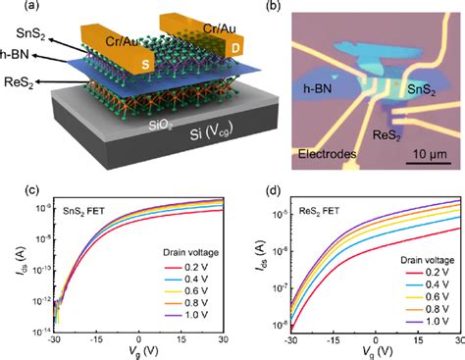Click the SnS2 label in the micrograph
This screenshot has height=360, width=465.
[x=423, y=89]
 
